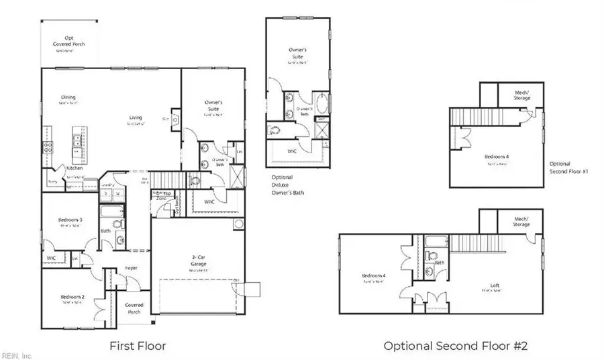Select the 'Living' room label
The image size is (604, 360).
136,118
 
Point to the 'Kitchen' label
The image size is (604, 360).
74,167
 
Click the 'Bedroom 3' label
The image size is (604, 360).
70,220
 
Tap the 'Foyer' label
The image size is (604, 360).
132,268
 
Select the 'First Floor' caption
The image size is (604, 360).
138,346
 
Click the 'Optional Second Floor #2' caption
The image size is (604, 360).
456,346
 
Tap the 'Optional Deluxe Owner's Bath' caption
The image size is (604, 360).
282,185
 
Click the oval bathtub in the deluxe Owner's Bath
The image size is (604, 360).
321,105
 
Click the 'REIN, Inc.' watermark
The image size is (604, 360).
17,355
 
